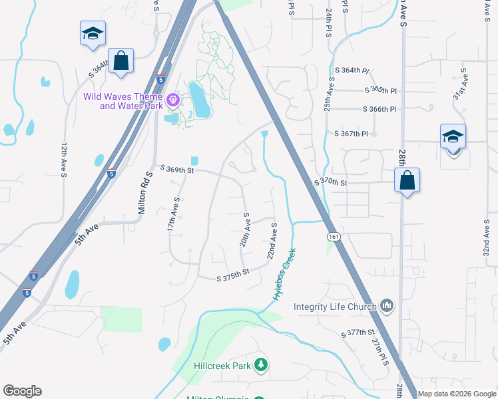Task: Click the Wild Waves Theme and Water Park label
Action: pyautogui.click(x=124, y=100)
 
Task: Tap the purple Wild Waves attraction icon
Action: pyautogui.click(x=174, y=100)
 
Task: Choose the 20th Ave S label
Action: pyautogui.click(x=245, y=230)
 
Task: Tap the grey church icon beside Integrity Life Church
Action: pyautogui.click(x=387, y=306)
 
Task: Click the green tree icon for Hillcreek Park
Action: pyautogui.click(x=262, y=364)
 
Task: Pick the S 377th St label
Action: pyautogui.click(x=358, y=332)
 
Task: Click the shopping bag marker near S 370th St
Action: pyautogui.click(x=406, y=180)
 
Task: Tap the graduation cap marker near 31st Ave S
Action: pyautogui.click(x=453, y=138)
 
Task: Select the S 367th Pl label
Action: pyautogui.click(x=352, y=134)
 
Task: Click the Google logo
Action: pyautogui.click(x=22, y=391)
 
